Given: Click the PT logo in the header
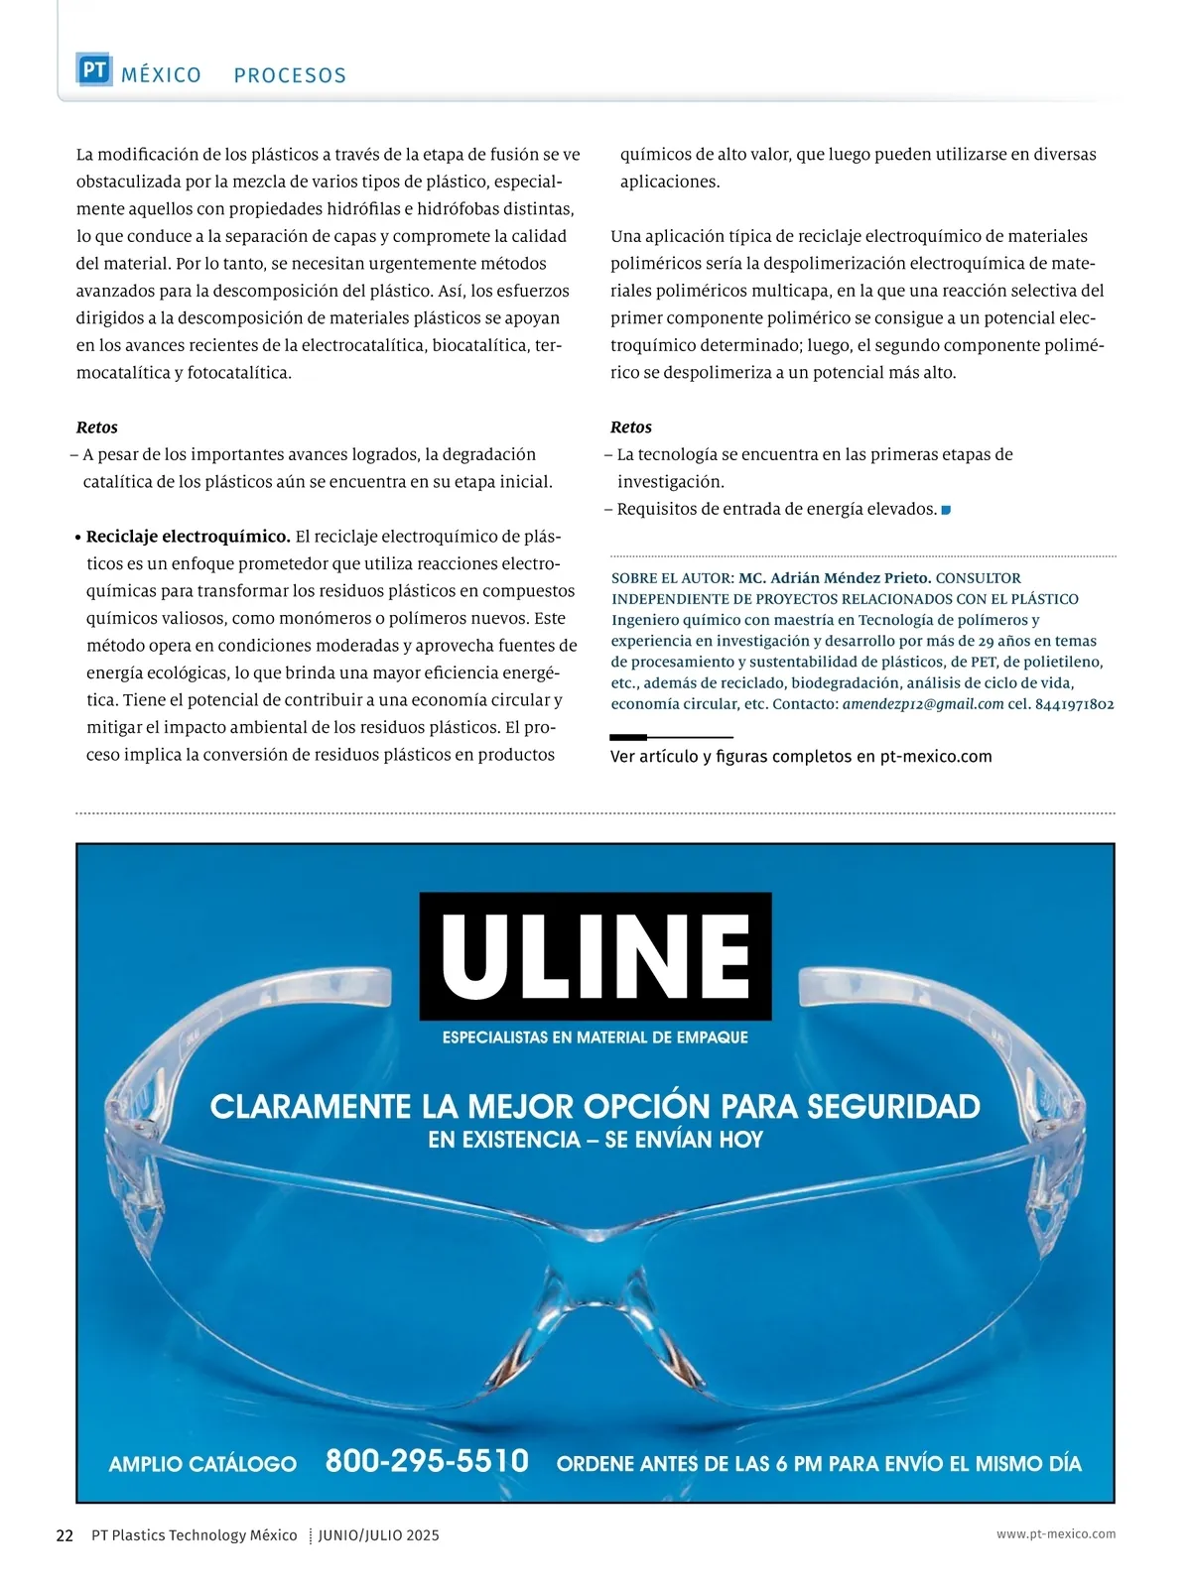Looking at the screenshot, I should coord(94,70).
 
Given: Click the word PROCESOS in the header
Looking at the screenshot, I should coord(290,75).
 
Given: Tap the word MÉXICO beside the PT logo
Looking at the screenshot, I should coord(161,75).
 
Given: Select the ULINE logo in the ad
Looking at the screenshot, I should coord(595,956).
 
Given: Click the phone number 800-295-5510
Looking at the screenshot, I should coord(427,1461).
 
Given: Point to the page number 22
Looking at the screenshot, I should coord(65,1535).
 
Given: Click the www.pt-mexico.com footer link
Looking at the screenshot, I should coord(1056,1533).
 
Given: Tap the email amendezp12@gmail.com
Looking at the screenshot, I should coord(923,704).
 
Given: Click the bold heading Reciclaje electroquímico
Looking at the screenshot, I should coord(189,537).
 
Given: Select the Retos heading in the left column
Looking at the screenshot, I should coord(97,427).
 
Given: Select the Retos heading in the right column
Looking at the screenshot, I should coord(631,427).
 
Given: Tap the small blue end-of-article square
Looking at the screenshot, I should coord(946,510).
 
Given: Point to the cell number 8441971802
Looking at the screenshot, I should coord(1074,704).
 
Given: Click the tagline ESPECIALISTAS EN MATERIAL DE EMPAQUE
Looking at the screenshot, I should coord(595,1038).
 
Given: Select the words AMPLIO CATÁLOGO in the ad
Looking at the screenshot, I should coord(202,1464).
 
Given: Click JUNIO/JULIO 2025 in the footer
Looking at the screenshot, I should coord(379,1535).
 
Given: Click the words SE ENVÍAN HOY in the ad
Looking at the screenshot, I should coord(684,1140).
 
